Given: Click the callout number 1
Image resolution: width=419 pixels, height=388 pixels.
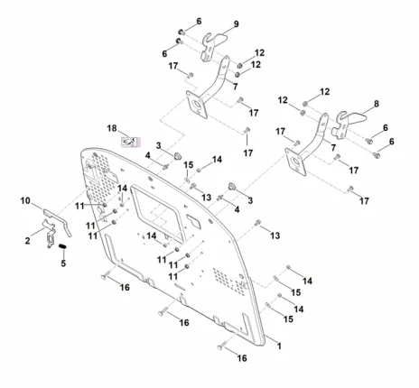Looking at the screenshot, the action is (x=279, y=346).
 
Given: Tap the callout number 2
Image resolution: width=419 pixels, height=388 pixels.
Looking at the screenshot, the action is (x=27, y=241).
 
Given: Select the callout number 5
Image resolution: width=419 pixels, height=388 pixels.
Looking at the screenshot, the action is (x=63, y=263).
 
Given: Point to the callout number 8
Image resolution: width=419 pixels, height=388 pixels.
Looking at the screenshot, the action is (x=377, y=104).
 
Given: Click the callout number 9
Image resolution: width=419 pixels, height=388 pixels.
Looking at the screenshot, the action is (x=237, y=24).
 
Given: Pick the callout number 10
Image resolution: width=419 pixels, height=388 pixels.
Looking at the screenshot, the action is (x=25, y=200).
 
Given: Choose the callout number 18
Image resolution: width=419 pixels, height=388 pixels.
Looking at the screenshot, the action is (x=112, y=128).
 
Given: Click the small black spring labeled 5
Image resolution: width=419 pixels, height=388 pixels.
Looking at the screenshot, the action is (x=62, y=246).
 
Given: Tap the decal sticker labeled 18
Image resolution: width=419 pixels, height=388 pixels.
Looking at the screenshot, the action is (x=131, y=142).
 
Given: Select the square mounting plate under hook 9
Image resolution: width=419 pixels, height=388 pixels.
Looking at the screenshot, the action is (x=197, y=105).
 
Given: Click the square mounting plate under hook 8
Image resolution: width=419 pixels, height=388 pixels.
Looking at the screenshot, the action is (x=295, y=162).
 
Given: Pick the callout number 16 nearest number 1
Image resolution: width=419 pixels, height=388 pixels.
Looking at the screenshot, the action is (x=242, y=358).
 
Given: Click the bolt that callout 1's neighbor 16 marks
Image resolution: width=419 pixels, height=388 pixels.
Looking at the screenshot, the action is (x=223, y=345).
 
